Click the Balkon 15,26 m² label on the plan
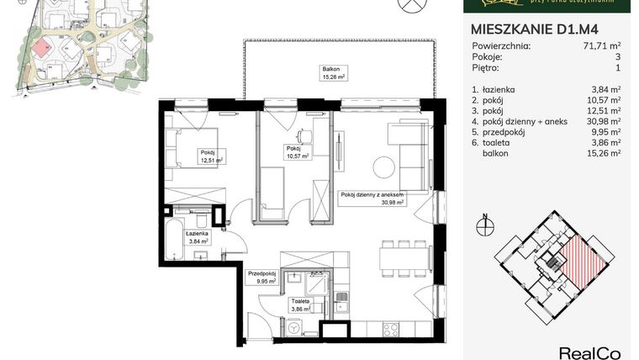tap(334, 72)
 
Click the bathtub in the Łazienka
tap(176, 239)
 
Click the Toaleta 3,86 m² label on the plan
tap(301, 304)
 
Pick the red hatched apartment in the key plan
tap(584, 259)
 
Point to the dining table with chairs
tap(402, 257)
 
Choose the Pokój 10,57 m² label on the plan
tap(297, 152)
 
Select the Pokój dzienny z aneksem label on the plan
tap(372, 198)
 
